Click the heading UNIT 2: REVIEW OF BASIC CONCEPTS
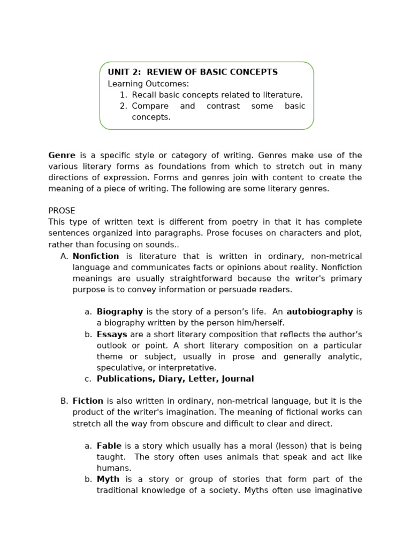(x=193, y=72)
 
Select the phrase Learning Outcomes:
(x=148, y=84)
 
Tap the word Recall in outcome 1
(x=144, y=95)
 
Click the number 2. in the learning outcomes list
(x=124, y=106)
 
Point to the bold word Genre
(x=62, y=155)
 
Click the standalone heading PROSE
(x=62, y=211)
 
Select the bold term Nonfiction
(x=96, y=256)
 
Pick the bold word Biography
(x=119, y=311)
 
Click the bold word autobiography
(x=319, y=311)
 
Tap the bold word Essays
(x=112, y=334)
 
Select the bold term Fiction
(x=88, y=401)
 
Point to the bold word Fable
(x=109, y=446)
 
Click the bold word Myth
(x=108, y=479)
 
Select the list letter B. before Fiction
(x=64, y=401)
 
